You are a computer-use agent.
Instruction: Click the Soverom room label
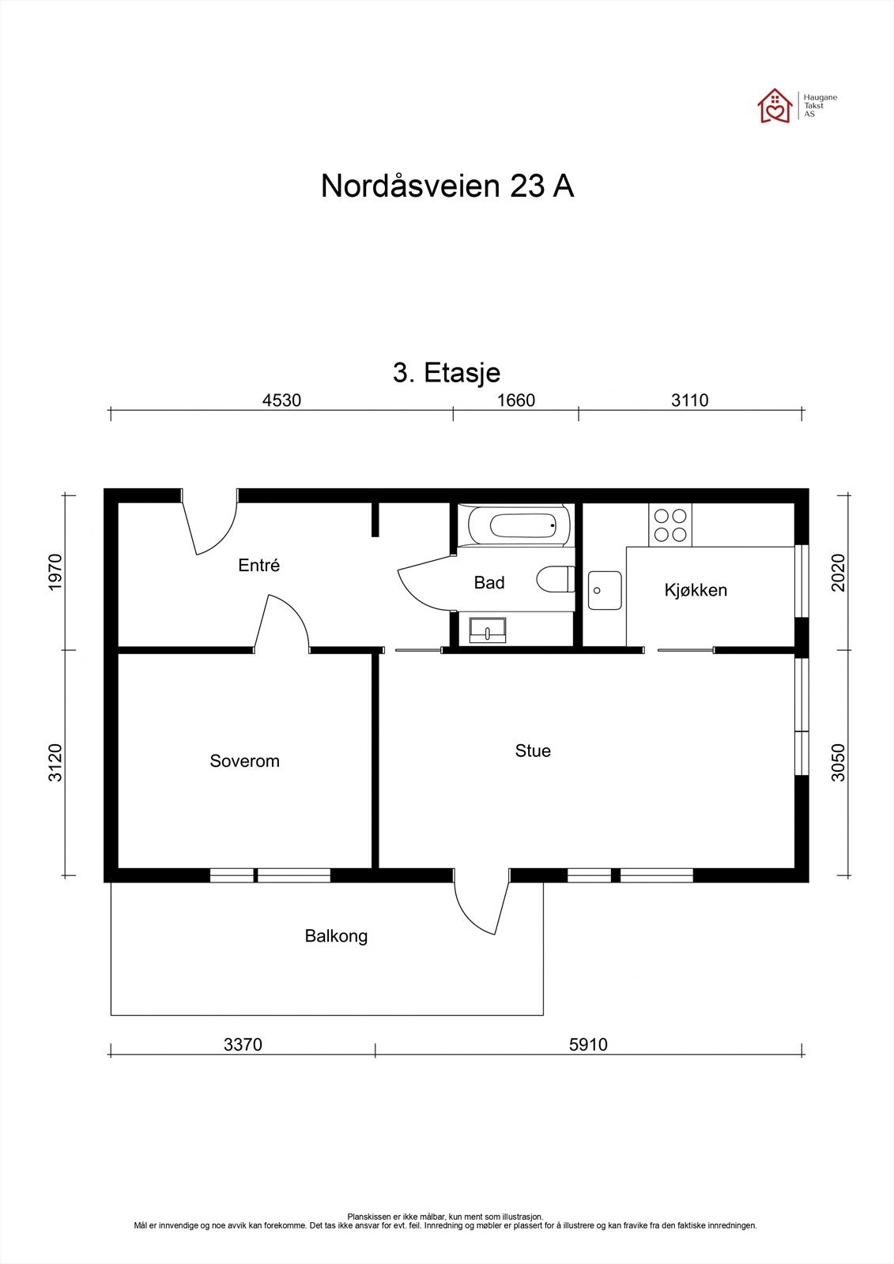tap(244, 761)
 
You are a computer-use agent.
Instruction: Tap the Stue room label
tap(533, 750)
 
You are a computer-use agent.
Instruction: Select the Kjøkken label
tap(696, 590)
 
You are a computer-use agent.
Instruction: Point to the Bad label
tap(489, 583)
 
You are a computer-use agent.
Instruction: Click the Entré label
tap(259, 566)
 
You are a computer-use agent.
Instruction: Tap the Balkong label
tap(336, 936)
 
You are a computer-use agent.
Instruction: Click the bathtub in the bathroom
tap(519, 525)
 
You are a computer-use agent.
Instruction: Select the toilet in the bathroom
tap(555, 579)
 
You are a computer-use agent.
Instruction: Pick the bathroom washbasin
tap(488, 630)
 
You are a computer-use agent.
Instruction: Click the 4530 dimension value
tap(281, 400)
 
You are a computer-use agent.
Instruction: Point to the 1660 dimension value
tap(516, 400)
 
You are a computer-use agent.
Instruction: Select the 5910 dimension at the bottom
tap(588, 1044)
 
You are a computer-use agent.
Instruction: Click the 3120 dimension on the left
tap(55, 762)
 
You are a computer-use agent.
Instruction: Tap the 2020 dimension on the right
tap(839, 572)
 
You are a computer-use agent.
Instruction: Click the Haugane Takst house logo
tap(775, 106)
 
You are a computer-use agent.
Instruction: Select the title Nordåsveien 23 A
tap(447, 186)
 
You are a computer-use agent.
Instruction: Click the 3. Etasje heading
tap(447, 372)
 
